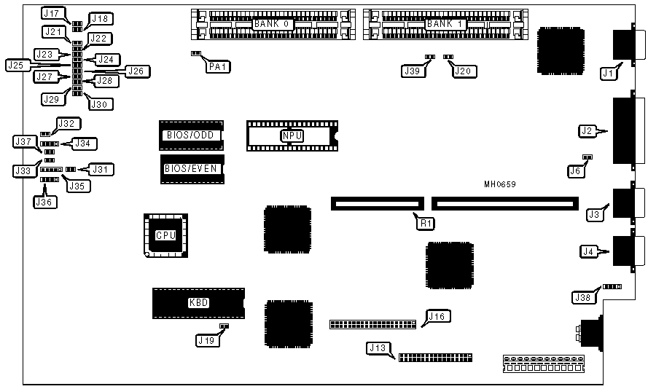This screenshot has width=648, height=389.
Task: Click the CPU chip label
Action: click(166, 235)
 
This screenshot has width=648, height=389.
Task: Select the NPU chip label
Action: click(292, 135)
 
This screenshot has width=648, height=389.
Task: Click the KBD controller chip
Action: click(198, 303)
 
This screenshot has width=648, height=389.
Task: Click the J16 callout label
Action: click(437, 316)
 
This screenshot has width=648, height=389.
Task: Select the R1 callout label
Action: click(424, 221)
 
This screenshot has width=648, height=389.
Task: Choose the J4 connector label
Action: click(588, 252)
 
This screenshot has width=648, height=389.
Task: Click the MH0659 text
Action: click(500, 185)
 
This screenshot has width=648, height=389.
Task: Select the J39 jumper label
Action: click(412, 71)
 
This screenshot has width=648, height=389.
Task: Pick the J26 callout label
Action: click(136, 71)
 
